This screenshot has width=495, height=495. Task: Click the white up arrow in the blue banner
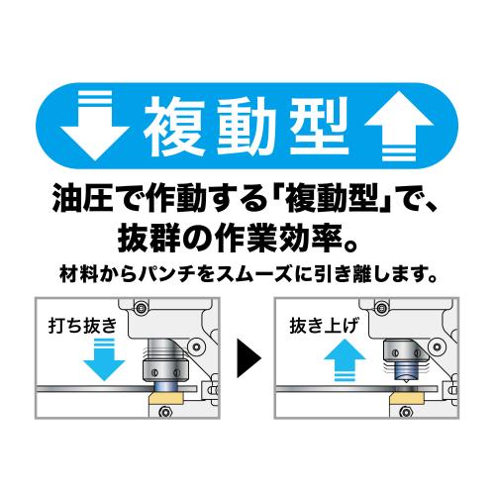tap(399, 126)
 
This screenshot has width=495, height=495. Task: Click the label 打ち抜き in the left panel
tap(82, 326)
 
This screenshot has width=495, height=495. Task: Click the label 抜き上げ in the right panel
tap(324, 326)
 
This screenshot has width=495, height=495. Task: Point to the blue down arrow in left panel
tap(104, 359)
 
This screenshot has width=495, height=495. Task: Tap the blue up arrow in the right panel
tap(345, 359)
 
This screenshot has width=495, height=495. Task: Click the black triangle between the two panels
tap(247, 358)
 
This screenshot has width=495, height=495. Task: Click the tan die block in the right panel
tap(407, 399)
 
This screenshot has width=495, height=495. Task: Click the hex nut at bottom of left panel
tap(164, 412)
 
